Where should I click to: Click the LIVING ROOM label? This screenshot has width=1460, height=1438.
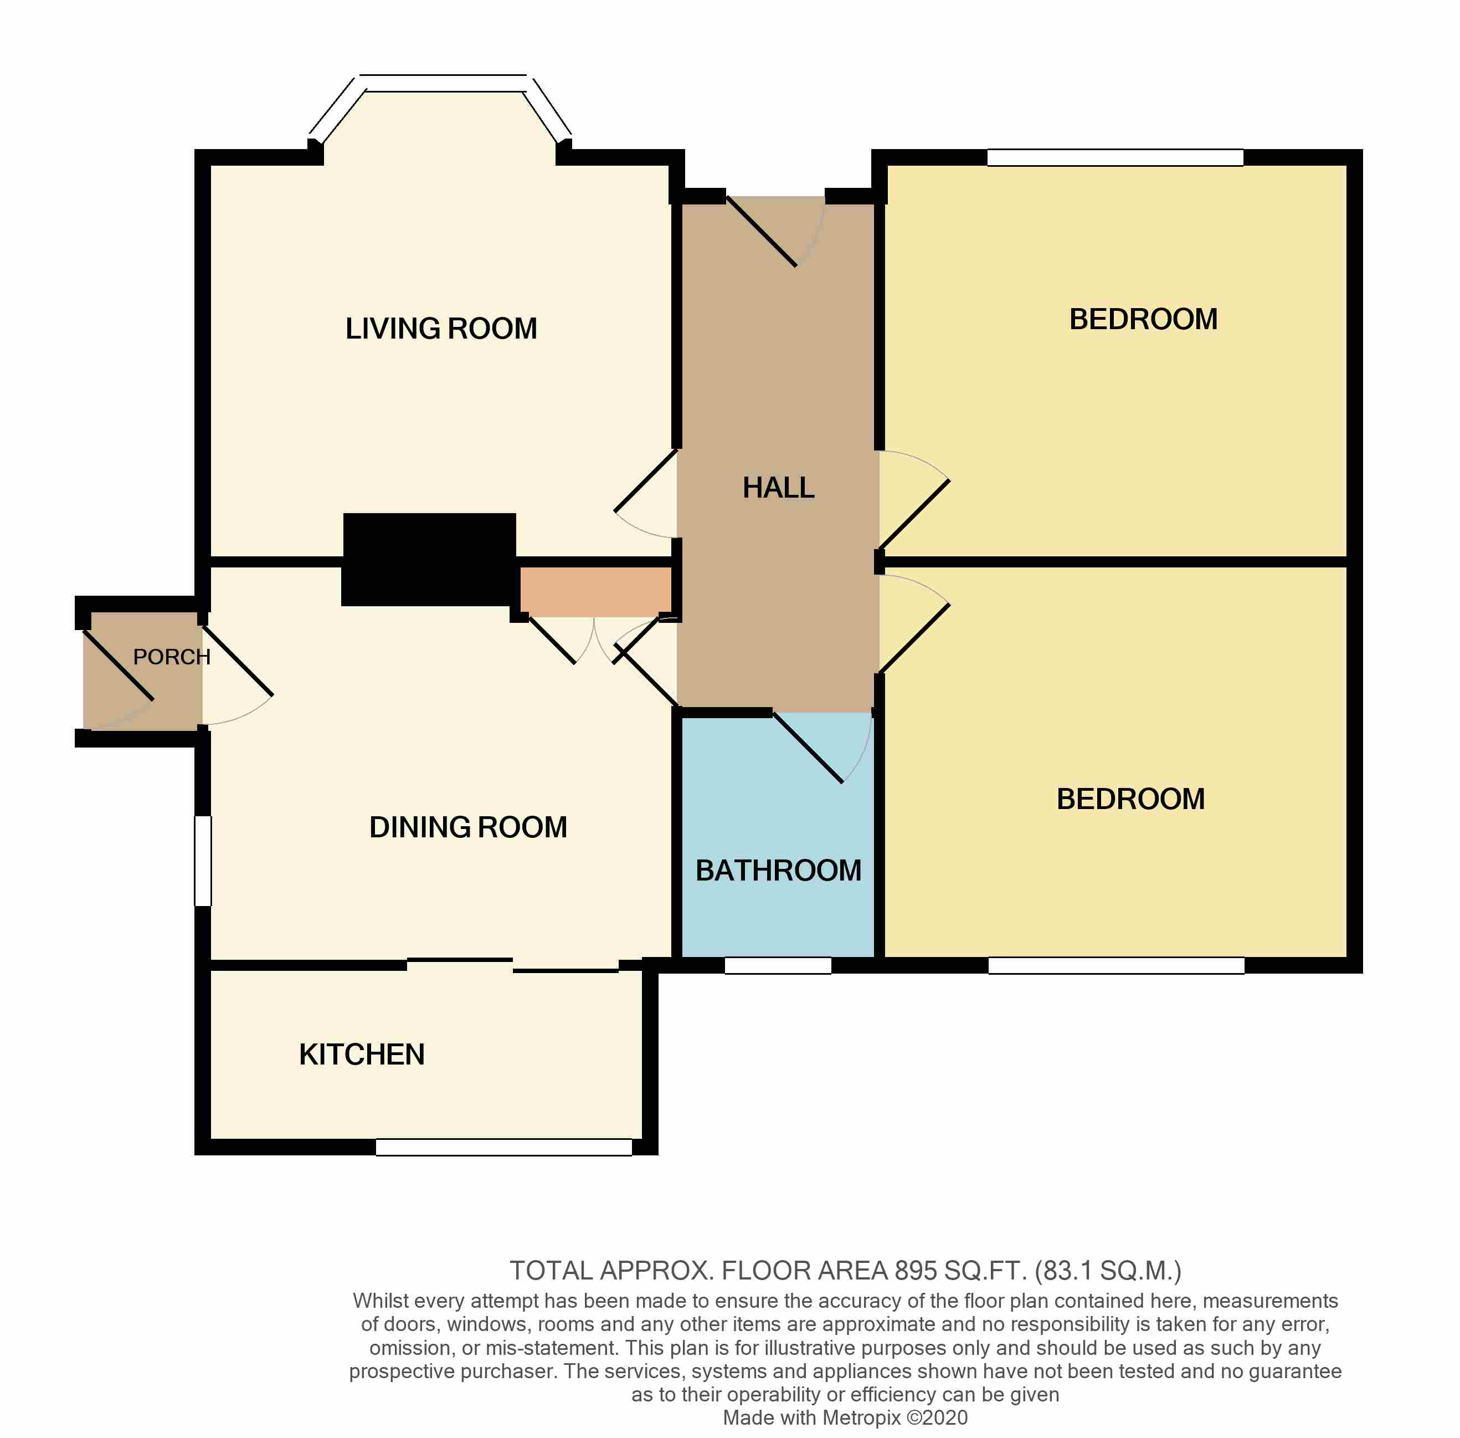[441, 329]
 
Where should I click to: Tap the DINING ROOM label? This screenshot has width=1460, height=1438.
[468, 827]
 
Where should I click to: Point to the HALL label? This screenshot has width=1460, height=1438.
[778, 488]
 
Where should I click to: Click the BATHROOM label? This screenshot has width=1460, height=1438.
[778, 871]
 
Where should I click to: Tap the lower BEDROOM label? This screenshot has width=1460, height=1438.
[1130, 799]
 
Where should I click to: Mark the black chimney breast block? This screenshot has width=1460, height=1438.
[429, 560]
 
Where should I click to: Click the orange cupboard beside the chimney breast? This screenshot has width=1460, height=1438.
[595, 591]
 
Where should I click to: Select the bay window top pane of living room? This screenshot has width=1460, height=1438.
[443, 83]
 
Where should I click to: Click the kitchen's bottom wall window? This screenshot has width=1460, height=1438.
[503, 1147]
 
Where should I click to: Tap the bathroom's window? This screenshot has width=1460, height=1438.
[778, 966]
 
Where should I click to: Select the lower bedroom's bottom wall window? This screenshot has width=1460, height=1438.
[1115, 966]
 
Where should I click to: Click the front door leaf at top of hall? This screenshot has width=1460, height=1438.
[761, 232]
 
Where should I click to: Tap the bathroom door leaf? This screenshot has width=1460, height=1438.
[808, 748]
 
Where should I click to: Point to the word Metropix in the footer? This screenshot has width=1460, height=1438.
[861, 1417]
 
